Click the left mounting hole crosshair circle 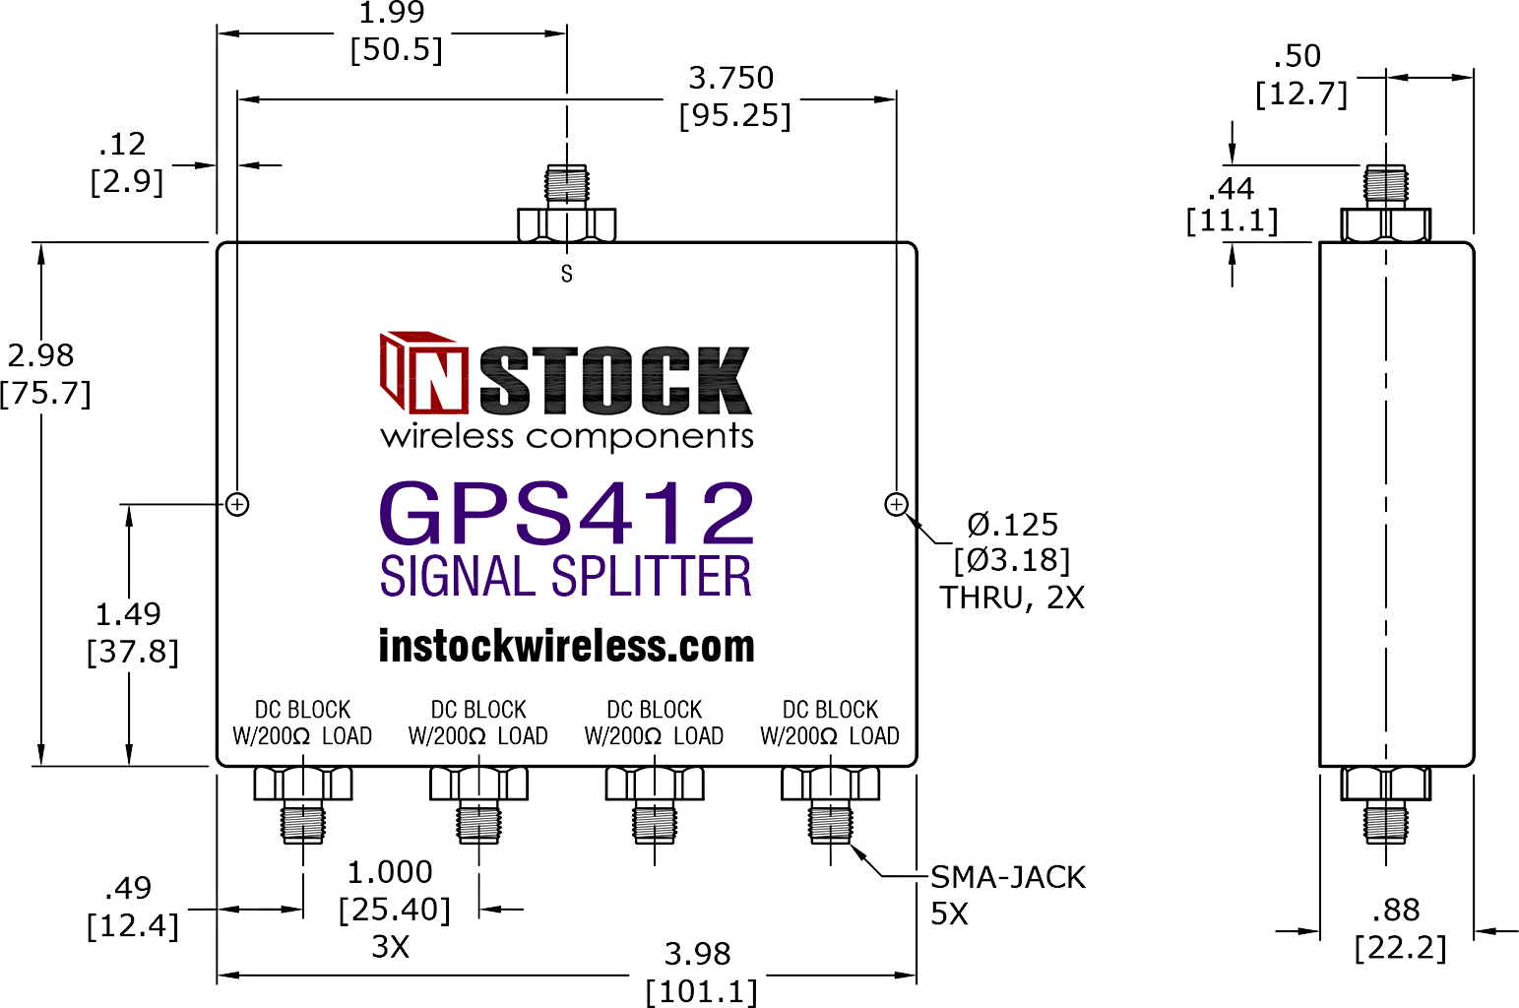click(x=237, y=504)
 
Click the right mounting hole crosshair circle click(x=897, y=504)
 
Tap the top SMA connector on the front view click(x=567, y=203)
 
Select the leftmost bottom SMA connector click(x=303, y=804)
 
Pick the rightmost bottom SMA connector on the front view click(x=831, y=804)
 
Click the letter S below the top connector click(x=567, y=274)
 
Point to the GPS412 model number click(x=567, y=513)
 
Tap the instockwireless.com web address click(x=567, y=646)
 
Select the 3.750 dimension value click(x=731, y=78)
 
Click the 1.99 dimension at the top click(x=391, y=13)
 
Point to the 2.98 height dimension click(x=40, y=355)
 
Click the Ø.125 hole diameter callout click(x=1012, y=525)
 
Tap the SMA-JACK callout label click(x=1008, y=877)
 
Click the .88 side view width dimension click(x=1396, y=910)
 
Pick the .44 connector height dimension click(x=1232, y=188)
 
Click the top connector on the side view click(x=1386, y=203)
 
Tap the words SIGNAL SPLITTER click(x=565, y=576)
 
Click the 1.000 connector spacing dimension click(x=390, y=872)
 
